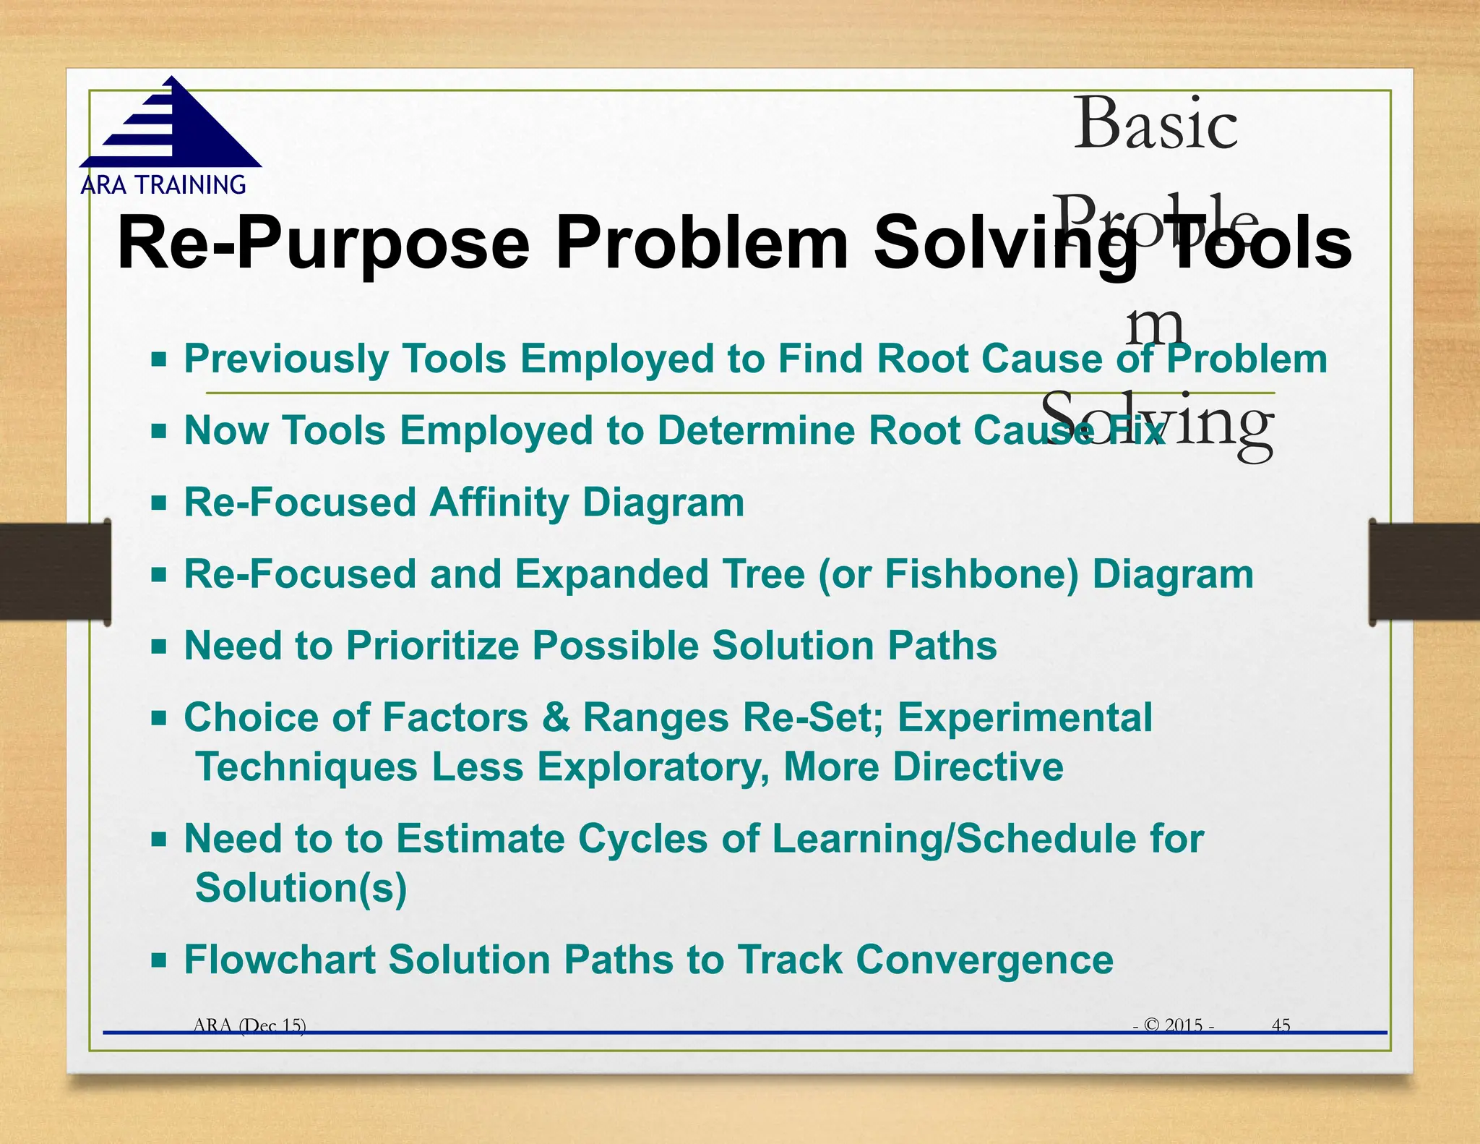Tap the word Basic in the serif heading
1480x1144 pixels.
pos(1155,124)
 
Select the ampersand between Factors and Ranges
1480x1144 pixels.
pos(555,718)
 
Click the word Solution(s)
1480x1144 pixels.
pos(301,888)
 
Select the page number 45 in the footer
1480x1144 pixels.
pos(1281,1025)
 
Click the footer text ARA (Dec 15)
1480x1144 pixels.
pos(249,1025)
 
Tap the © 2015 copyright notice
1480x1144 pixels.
pos(1174,1025)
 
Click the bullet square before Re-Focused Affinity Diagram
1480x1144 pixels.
pos(159,503)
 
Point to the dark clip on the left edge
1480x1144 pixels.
pos(55,571)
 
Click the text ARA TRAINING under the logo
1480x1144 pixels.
pos(163,185)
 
